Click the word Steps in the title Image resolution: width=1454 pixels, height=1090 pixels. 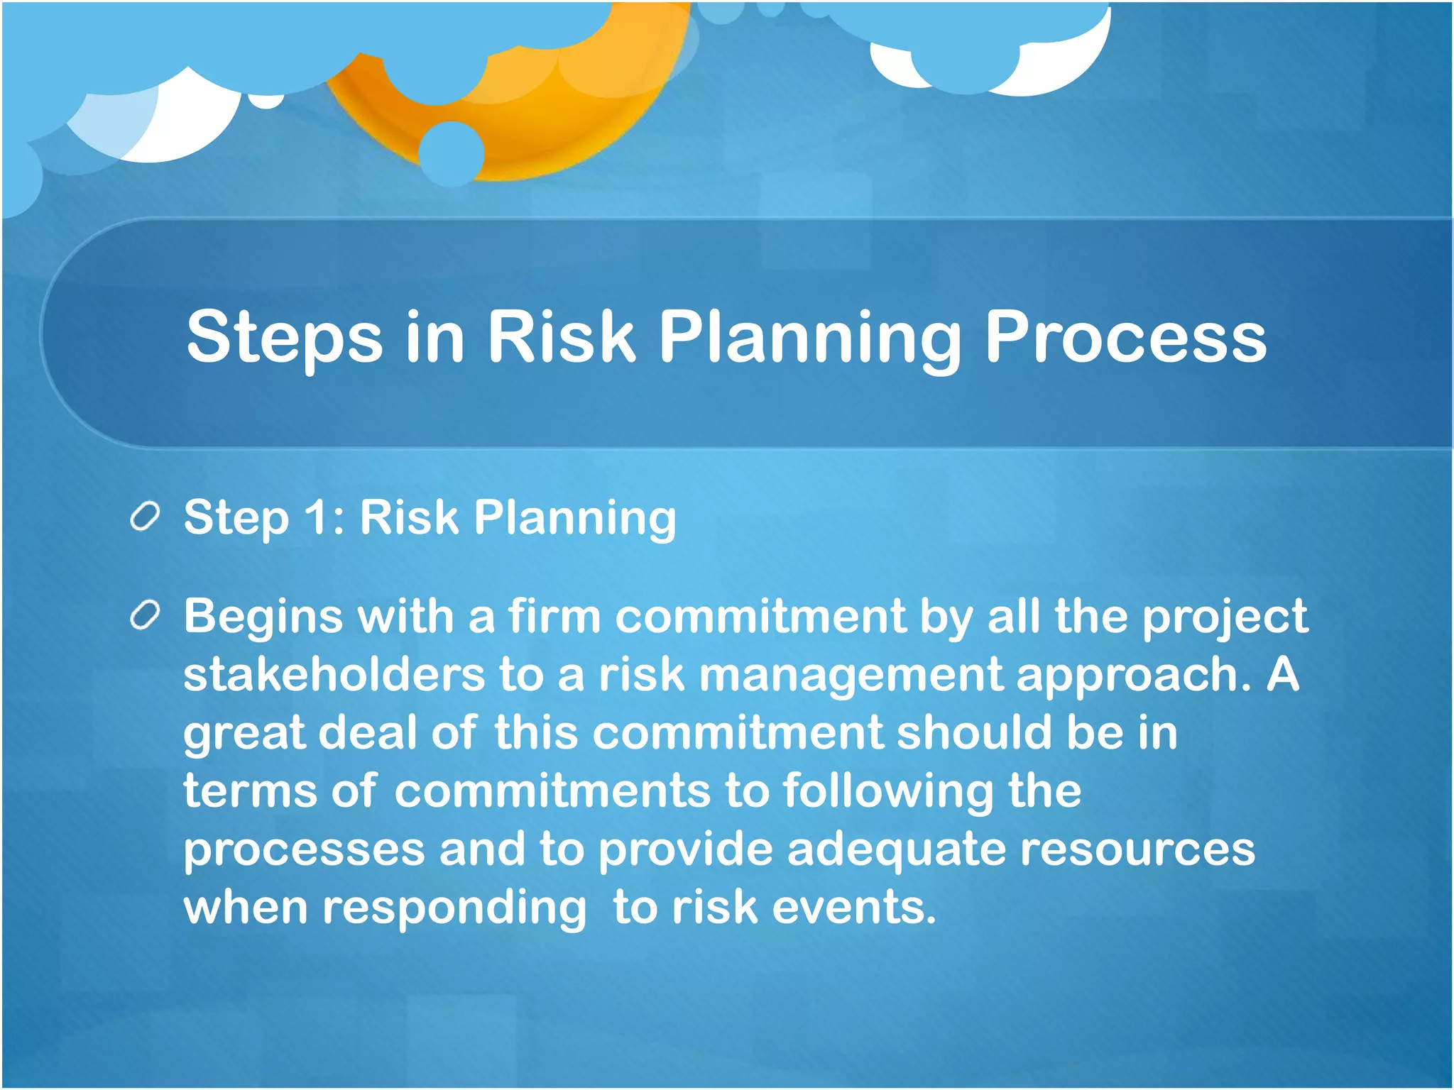pos(284,338)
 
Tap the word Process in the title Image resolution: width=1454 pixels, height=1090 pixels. pos(1125,338)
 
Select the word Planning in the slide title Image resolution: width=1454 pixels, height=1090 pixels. pos(809,338)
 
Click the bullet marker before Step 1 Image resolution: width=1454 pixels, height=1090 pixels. pos(145,518)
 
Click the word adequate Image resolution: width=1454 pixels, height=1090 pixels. pos(896,850)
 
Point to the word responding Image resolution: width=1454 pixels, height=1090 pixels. pos(454,909)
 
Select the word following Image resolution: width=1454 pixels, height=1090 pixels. pos(888,792)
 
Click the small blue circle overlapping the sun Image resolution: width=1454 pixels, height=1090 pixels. pos(452,153)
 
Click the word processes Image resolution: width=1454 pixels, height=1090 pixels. pos(304,850)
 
